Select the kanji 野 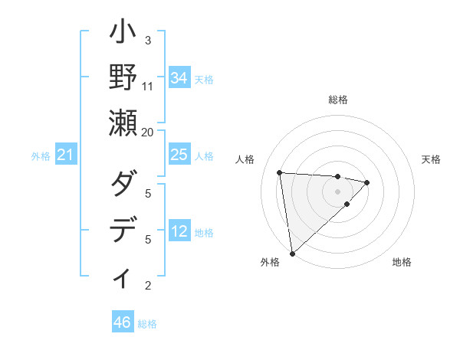click(x=123, y=77)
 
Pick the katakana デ click(x=123, y=230)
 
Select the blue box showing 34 click(x=179, y=77)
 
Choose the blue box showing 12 click(x=179, y=232)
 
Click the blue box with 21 click(x=65, y=155)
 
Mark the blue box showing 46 click(x=122, y=322)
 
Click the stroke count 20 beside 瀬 click(x=148, y=132)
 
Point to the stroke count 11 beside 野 click(x=148, y=86)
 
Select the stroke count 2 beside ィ click(x=148, y=286)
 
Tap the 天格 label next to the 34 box click(x=204, y=79)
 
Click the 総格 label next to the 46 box click(x=147, y=324)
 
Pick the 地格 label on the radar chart click(x=402, y=262)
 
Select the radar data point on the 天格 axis click(x=367, y=182)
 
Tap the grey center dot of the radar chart click(x=337, y=191)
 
